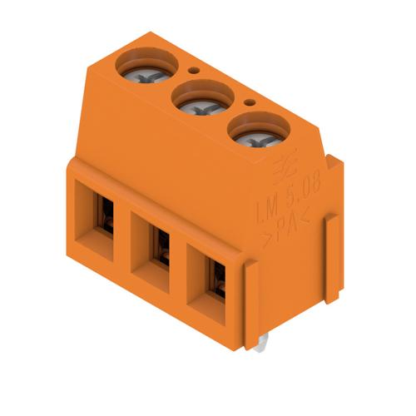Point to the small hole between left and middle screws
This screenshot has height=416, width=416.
pos(194,72)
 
